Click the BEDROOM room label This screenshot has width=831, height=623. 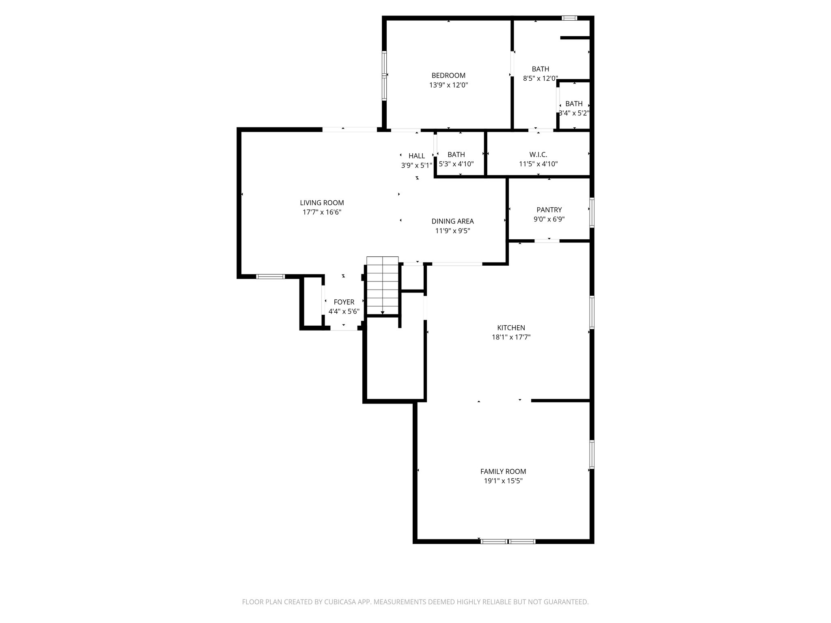tap(448, 75)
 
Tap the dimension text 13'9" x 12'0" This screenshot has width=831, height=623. tap(448, 85)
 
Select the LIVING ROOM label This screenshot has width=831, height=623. tap(322, 203)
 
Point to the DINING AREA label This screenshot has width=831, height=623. tap(452, 221)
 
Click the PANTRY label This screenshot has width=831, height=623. tap(549, 210)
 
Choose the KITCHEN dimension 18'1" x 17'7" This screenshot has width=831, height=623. tap(511, 337)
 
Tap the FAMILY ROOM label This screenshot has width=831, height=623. tap(503, 471)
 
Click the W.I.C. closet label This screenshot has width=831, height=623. tap(538, 155)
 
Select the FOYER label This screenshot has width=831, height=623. tap(344, 302)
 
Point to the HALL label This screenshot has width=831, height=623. tap(417, 156)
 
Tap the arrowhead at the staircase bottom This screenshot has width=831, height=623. tap(382, 312)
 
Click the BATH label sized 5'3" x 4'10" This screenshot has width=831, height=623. tap(456, 155)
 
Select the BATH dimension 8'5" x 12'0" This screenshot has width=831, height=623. tap(540, 79)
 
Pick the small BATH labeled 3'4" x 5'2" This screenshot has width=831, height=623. tap(574, 104)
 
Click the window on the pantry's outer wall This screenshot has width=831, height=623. tap(592, 212)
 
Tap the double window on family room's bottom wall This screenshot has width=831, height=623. tap(508, 541)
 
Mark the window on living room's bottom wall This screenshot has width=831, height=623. tap(270, 277)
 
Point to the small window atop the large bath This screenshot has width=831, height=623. tap(569, 18)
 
